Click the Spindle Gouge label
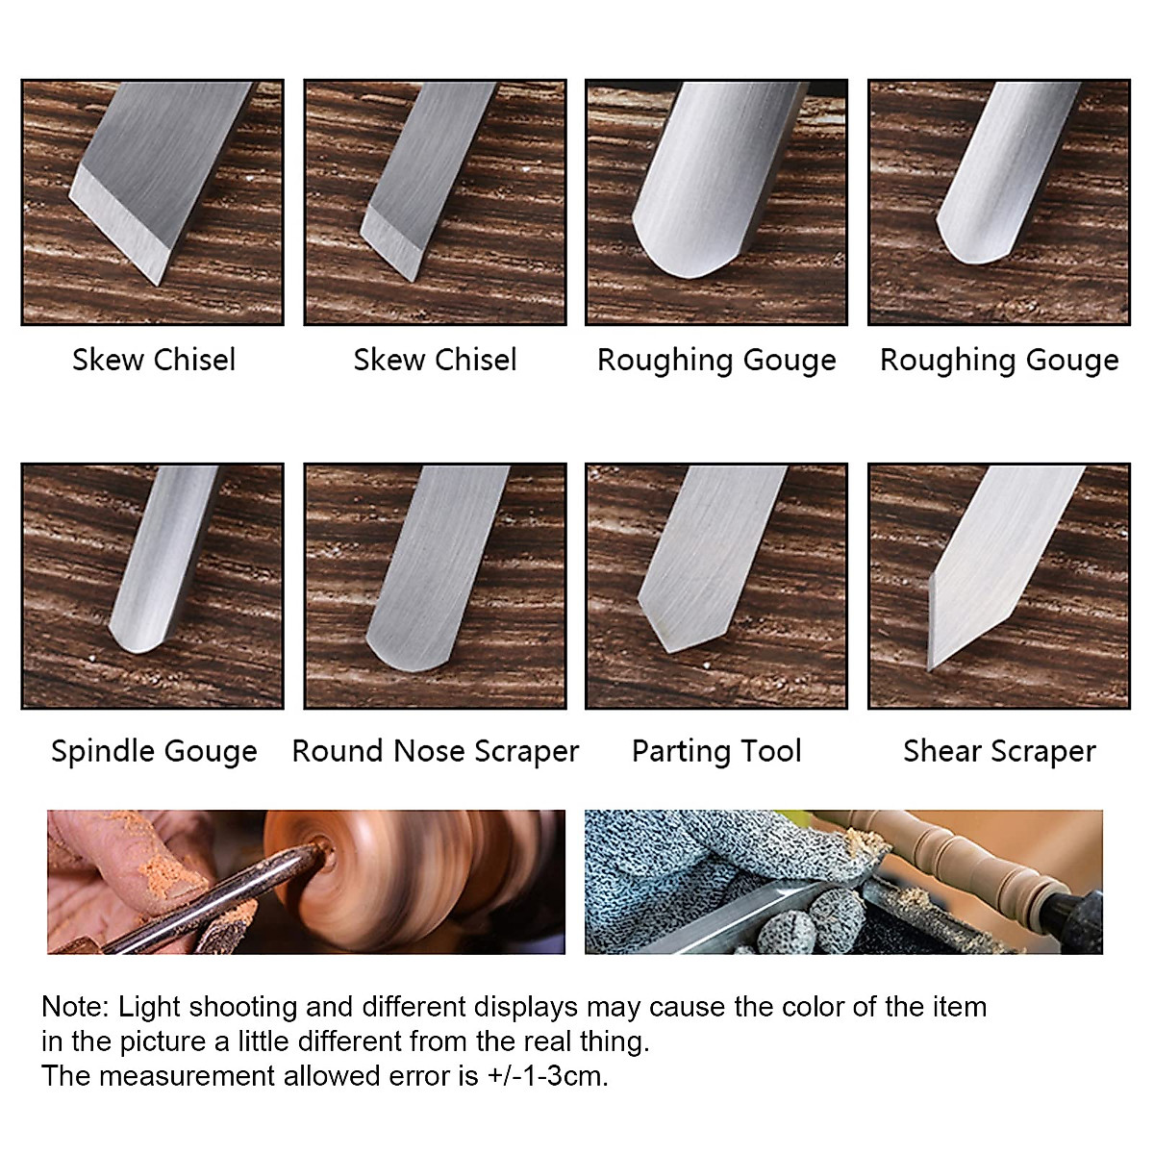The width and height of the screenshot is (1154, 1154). [154, 751]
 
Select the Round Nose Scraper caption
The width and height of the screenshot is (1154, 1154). [436, 751]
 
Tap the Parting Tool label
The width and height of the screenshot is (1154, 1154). [716, 751]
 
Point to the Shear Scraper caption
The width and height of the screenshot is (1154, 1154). [999, 751]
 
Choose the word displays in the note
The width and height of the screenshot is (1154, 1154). [511, 1007]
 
